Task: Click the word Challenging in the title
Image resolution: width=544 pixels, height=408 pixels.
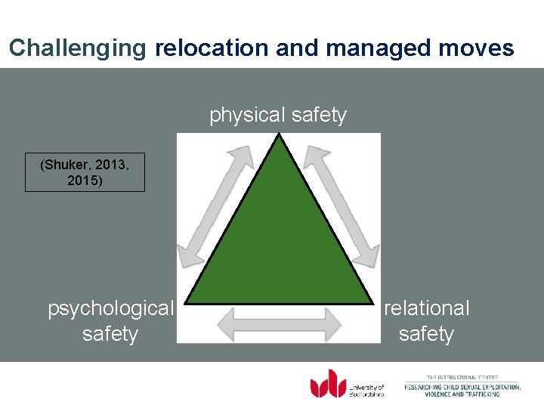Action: [77, 48]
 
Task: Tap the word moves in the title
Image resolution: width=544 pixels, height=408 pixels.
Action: [478, 48]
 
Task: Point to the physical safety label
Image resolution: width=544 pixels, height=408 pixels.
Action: [278, 115]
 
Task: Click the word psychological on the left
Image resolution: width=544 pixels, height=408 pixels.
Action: [110, 308]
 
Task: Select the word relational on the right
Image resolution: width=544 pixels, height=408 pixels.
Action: [427, 308]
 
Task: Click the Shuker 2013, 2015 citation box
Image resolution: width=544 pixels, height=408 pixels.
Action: [85, 173]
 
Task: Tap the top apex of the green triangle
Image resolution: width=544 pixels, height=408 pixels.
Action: [280, 136]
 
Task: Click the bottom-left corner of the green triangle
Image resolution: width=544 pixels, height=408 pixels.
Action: [187, 304]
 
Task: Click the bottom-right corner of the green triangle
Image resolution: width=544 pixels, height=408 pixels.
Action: [371, 304]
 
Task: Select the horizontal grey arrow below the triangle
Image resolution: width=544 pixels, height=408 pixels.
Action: [279, 324]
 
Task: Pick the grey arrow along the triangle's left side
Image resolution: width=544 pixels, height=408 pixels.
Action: [220, 206]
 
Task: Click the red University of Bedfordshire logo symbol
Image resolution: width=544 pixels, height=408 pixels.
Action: [328, 383]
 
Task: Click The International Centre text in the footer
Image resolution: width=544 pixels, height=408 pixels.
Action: [462, 377]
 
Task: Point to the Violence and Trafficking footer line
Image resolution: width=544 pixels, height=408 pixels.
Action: [462, 394]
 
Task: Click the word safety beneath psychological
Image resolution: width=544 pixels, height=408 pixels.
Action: [110, 334]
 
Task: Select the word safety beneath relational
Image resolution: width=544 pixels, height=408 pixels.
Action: [426, 334]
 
